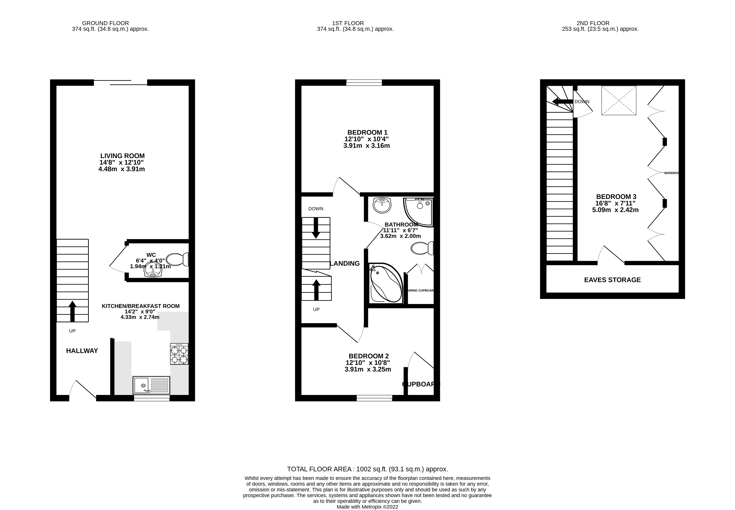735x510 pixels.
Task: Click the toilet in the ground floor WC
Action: [177, 259]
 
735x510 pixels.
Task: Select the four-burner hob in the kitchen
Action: [179, 354]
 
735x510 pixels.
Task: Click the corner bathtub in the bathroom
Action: [385, 283]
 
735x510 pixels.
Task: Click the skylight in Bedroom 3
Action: [618, 100]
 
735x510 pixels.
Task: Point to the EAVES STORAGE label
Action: [612, 280]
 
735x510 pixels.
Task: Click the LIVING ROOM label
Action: [122, 156]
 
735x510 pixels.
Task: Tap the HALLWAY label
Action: [82, 351]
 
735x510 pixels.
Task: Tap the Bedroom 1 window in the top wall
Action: [364, 83]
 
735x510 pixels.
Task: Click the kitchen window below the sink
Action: [152, 398]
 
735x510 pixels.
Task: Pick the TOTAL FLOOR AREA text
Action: [367, 469]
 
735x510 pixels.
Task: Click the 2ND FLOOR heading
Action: [593, 23]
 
